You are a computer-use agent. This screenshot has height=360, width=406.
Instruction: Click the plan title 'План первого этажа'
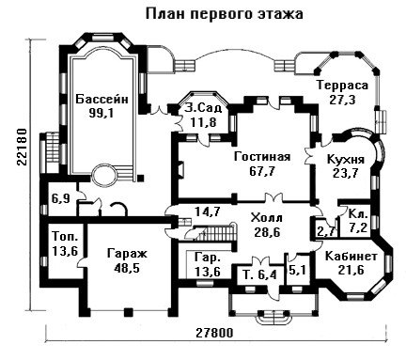coord(225,15)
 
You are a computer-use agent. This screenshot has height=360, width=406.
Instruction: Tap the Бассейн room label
coord(102,100)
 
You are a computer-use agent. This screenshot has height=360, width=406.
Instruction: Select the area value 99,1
coord(101,113)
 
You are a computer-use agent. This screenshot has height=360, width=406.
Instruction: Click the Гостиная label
coord(262,157)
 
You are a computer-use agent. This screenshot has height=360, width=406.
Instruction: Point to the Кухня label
coord(346,159)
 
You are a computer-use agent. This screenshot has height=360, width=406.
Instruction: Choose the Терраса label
coord(342,86)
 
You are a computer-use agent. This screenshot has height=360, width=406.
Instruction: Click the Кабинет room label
coord(351,256)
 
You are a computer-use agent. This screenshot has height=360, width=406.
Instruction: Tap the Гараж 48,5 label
coord(127,260)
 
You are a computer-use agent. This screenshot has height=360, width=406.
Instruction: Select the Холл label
coord(267,217)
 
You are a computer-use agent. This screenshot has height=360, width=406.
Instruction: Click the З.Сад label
coord(203,107)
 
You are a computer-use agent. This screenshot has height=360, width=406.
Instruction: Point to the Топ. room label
coord(65,236)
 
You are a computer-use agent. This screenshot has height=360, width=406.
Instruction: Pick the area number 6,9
coord(61,198)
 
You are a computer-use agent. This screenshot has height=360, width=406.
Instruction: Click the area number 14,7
coord(208,211)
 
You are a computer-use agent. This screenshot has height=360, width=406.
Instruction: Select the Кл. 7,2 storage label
coord(358,221)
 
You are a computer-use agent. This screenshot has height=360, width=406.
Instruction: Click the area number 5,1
coord(298,270)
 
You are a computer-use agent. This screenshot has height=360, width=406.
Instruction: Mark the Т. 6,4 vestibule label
coord(260,275)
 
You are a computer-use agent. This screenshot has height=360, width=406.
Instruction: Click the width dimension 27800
coord(215,333)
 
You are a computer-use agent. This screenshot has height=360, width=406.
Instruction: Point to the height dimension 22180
coord(22,147)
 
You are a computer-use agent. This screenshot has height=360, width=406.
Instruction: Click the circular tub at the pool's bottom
coord(105,176)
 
